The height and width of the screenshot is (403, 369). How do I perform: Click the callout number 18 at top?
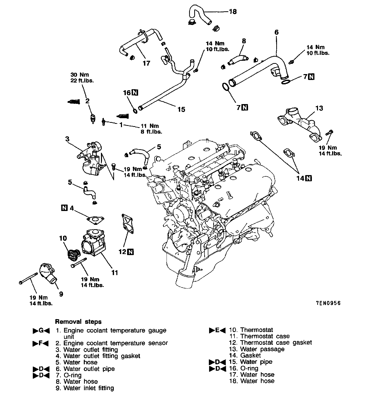pos(233,12)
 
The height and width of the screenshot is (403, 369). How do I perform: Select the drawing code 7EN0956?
pos(328,303)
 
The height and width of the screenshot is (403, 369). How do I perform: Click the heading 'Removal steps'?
pos(78,322)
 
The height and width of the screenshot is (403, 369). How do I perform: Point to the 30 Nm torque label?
pos(80,75)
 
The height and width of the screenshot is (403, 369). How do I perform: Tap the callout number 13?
pos(319,108)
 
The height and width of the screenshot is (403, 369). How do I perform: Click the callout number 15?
pos(181,109)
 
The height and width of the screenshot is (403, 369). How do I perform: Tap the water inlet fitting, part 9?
pos(48,275)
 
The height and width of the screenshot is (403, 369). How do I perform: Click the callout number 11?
pos(115,273)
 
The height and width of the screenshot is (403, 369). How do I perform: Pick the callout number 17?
pos(146,63)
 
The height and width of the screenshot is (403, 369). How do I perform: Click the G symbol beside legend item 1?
pos(41,331)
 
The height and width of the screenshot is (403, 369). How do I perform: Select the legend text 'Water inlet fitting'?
pos(88,388)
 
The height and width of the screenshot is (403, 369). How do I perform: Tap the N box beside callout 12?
pos(130,252)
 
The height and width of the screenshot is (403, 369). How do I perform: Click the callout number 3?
pos(67,139)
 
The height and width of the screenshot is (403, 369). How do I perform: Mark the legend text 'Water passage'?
pos(262,349)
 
